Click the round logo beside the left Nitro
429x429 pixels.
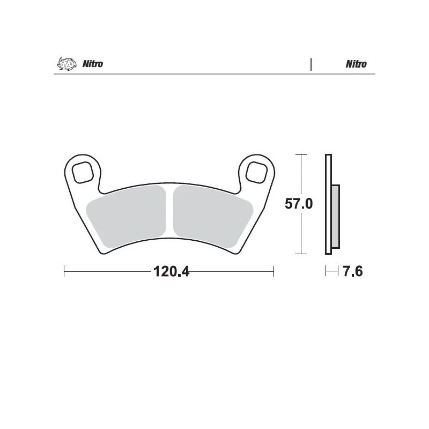[63, 64]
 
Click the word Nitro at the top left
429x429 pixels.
[93, 64]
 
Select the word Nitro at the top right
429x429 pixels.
[356, 64]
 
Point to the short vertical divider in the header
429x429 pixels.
[311, 64]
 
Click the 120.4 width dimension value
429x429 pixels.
[172, 272]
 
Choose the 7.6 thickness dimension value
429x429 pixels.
[352, 272]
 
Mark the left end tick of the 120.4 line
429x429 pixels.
[64, 271]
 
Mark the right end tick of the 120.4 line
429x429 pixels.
[274, 271]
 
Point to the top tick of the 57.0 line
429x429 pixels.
[302, 154]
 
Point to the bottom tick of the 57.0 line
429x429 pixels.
[302, 253]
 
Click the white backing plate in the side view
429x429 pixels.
[328, 204]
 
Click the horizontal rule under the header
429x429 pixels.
[214, 74]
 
